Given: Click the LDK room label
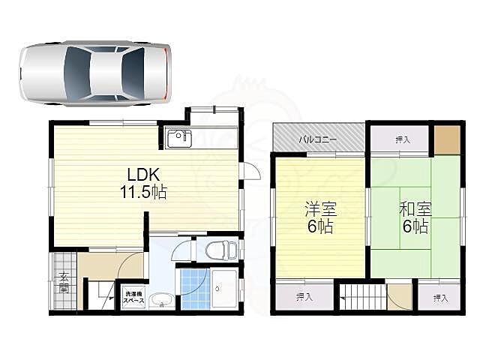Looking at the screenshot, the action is tap(143, 175).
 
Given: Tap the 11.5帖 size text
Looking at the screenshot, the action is tap(143, 192).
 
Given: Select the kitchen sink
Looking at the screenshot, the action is tap(178, 138).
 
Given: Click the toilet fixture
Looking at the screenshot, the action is tap(221, 250).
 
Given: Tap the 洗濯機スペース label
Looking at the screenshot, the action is tap(133, 298).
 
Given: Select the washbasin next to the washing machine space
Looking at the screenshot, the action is tap(162, 300).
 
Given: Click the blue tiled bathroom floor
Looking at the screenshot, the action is tap(195, 289).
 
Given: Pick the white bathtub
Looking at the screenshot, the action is tap(224, 288).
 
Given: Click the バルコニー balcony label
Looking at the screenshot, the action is tap(317, 140).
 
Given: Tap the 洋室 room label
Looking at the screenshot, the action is tap(320, 209).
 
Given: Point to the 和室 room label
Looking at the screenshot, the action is tap(415, 209).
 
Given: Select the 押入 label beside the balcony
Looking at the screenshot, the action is tap(402, 140).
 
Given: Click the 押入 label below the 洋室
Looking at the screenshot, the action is tap(304, 297).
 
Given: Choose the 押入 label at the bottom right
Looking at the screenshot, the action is tap(440, 298).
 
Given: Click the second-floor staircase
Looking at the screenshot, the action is tap(363, 297).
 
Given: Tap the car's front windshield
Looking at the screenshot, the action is tap(133, 73).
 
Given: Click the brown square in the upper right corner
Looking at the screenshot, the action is tap(447, 139).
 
